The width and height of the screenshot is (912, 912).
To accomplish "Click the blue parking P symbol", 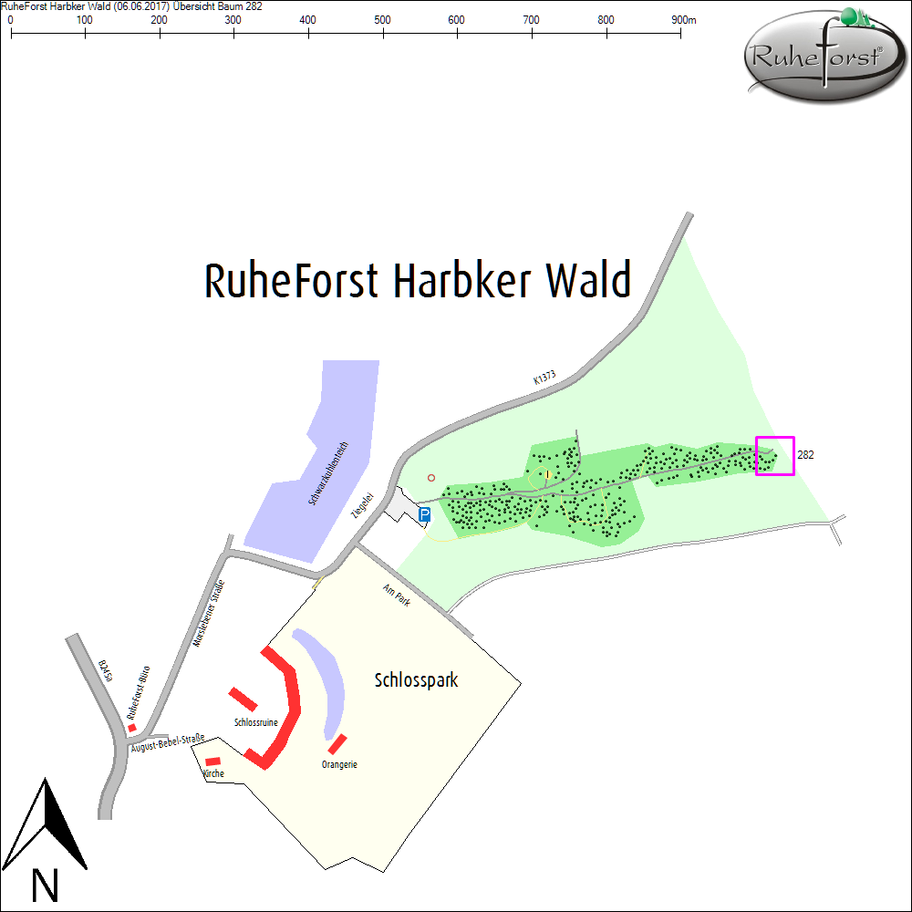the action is pyautogui.click(x=425, y=514).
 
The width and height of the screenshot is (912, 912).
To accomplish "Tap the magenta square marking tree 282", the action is pyautogui.click(x=774, y=456).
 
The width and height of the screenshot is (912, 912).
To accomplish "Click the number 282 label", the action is pyautogui.click(x=805, y=455).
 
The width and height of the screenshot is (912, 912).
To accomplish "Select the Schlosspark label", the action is pyautogui.click(x=416, y=680).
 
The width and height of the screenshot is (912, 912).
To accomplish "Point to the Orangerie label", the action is pyautogui.click(x=339, y=764).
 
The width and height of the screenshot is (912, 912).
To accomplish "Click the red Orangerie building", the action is pyautogui.click(x=337, y=744).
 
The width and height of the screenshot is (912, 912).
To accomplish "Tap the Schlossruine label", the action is pyautogui.click(x=256, y=722).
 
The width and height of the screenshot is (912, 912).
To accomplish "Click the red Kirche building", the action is pyautogui.click(x=212, y=762).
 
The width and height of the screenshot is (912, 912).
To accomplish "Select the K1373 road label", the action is pyautogui.click(x=544, y=378).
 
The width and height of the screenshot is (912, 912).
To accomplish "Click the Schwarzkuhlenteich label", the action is pyautogui.click(x=328, y=473).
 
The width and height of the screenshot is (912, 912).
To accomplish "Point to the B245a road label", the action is pyautogui.click(x=105, y=670).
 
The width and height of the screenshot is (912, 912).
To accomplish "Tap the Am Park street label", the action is pyautogui.click(x=397, y=595).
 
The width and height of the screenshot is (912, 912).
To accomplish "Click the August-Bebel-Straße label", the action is pyautogui.click(x=168, y=742).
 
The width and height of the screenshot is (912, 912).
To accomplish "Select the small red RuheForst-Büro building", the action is pyautogui.click(x=132, y=728).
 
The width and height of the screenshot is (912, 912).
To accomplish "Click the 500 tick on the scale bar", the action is pyautogui.click(x=383, y=33).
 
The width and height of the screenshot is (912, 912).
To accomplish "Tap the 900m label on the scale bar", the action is pyautogui.click(x=683, y=20).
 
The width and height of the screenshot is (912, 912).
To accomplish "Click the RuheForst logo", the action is pyautogui.click(x=824, y=56).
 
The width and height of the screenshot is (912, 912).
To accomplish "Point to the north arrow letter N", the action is pyautogui.click(x=45, y=886).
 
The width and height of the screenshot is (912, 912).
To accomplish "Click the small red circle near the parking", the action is pyautogui.click(x=431, y=478).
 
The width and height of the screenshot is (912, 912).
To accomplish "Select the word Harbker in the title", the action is pyautogui.click(x=462, y=280).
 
